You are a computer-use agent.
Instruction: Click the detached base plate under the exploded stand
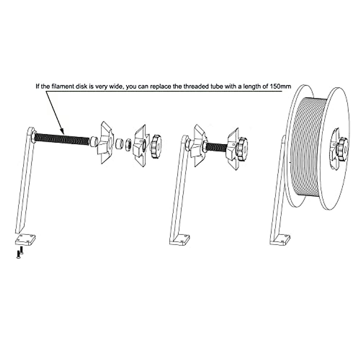click(x=25, y=240)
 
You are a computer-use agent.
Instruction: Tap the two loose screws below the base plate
click(x=20, y=254)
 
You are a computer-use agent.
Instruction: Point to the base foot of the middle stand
click(x=180, y=239)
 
